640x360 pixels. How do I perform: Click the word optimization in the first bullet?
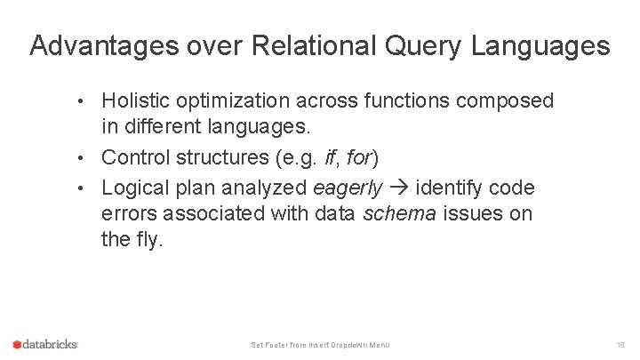coord(232,101)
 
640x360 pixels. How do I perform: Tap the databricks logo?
coord(46,344)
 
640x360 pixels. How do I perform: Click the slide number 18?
coord(620,344)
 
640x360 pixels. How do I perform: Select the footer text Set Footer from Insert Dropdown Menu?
coord(320,345)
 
